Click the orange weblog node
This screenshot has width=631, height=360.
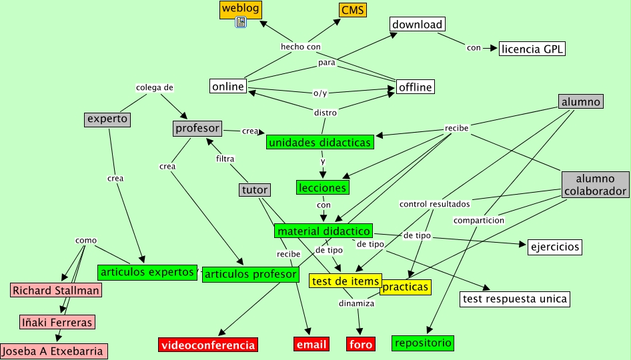click(240, 9)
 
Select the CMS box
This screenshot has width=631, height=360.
click(352, 10)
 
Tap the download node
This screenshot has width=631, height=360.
click(417, 25)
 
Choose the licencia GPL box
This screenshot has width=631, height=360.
click(532, 48)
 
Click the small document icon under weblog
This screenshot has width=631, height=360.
click(241, 23)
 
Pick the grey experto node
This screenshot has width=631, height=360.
click(107, 119)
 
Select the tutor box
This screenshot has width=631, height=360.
click(255, 190)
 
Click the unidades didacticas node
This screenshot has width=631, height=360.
click(320, 142)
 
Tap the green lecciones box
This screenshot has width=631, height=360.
click(322, 187)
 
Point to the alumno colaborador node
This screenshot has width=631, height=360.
click(595, 185)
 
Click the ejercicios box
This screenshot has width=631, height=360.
click(554, 247)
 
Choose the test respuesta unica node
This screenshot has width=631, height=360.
click(515, 299)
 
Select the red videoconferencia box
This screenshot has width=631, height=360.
click(208, 345)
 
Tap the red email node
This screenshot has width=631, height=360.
click(311, 344)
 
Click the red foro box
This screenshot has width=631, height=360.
click(361, 344)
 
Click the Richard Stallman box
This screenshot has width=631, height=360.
click(56, 290)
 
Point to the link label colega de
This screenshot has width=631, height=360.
click(155, 87)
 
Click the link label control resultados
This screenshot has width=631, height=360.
click(435, 203)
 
